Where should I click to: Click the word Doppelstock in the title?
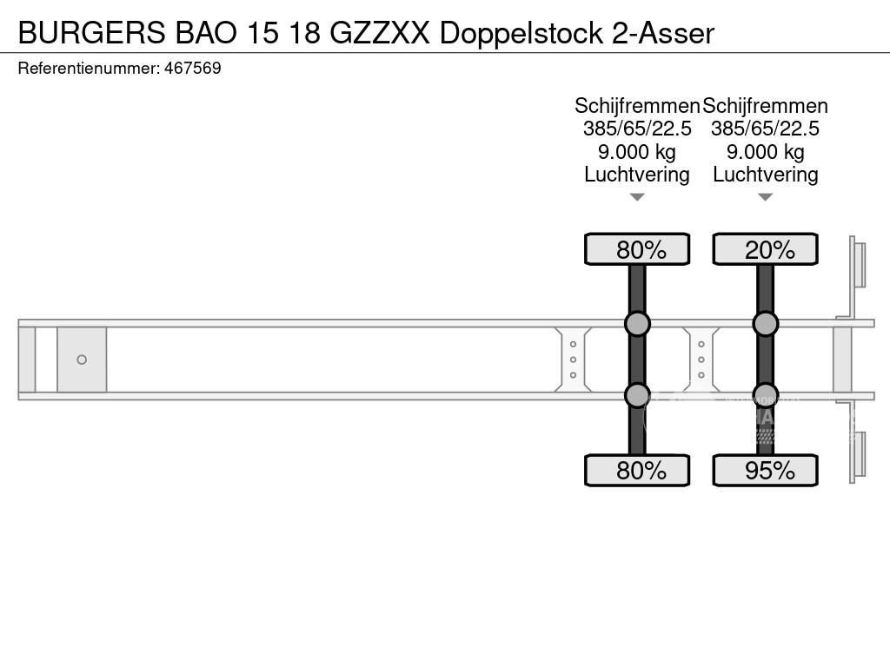(521, 33)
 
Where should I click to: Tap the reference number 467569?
(192, 69)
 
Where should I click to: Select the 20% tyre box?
(766, 250)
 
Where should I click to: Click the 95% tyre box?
(766, 471)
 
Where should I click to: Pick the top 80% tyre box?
(637, 250)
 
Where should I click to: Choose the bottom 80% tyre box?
(637, 471)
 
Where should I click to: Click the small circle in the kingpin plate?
(82, 360)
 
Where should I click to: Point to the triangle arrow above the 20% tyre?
(766, 197)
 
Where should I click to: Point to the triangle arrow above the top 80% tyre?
(637, 197)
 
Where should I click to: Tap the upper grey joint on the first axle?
(637, 324)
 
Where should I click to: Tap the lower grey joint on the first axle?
(637, 395)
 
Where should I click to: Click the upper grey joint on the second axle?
(766, 324)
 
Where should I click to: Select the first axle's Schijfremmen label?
(637, 106)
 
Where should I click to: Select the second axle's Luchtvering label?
(766, 175)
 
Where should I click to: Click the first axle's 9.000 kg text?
(637, 152)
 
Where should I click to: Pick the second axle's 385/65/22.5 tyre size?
(766, 129)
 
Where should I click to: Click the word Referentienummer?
(88, 69)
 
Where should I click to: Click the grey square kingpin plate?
(82, 360)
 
